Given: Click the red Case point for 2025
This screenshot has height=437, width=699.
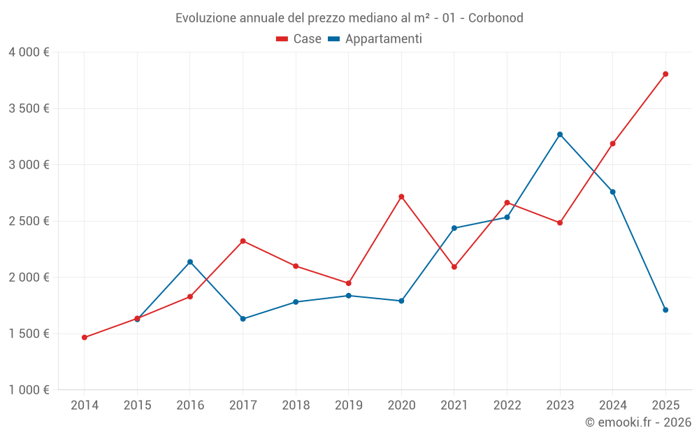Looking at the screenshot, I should tap(665, 74).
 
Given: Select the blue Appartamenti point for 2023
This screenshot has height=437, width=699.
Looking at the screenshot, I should tap(560, 134).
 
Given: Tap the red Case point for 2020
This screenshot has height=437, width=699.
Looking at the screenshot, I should tap(401, 196).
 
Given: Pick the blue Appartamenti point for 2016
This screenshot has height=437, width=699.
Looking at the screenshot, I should tap(190, 262).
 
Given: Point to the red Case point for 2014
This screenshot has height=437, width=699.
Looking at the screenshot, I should tap(85, 338).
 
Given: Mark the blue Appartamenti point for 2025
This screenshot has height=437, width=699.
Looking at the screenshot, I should tap(665, 310).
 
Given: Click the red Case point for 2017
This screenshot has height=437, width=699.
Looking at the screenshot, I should tap(243, 241).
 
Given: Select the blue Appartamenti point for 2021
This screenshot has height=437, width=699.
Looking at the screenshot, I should tap(454, 228).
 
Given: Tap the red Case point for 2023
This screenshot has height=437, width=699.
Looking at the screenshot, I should tap(560, 223).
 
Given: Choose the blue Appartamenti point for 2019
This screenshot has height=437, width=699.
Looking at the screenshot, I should tap(349, 296).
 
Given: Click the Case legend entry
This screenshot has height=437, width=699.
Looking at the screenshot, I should tap(299, 39).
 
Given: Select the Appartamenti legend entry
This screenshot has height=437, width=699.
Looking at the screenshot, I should tap(375, 39).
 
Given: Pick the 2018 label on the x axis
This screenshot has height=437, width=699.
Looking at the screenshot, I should tap(296, 406).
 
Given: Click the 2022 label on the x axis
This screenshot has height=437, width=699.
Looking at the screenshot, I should tap(507, 406).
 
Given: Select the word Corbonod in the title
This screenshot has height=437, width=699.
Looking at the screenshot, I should tap(496, 17).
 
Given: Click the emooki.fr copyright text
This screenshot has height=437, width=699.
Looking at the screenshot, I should tap(637, 422).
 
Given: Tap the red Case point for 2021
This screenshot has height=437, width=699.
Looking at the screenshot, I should tap(454, 267).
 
